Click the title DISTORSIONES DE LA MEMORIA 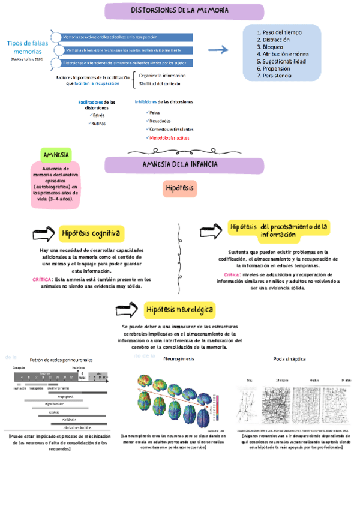[x=179, y=11]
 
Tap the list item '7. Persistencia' [x=274, y=76]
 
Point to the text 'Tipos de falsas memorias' [x=27, y=47]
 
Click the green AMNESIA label [x=56, y=155]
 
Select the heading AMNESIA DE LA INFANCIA [x=179, y=164]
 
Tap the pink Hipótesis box [x=180, y=188]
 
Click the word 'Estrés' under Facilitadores [x=99, y=115]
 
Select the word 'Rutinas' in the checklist [x=98, y=124]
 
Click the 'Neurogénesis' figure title [x=179, y=358]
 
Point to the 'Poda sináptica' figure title [x=289, y=358]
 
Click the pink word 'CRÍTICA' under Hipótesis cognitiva [x=42, y=280]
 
